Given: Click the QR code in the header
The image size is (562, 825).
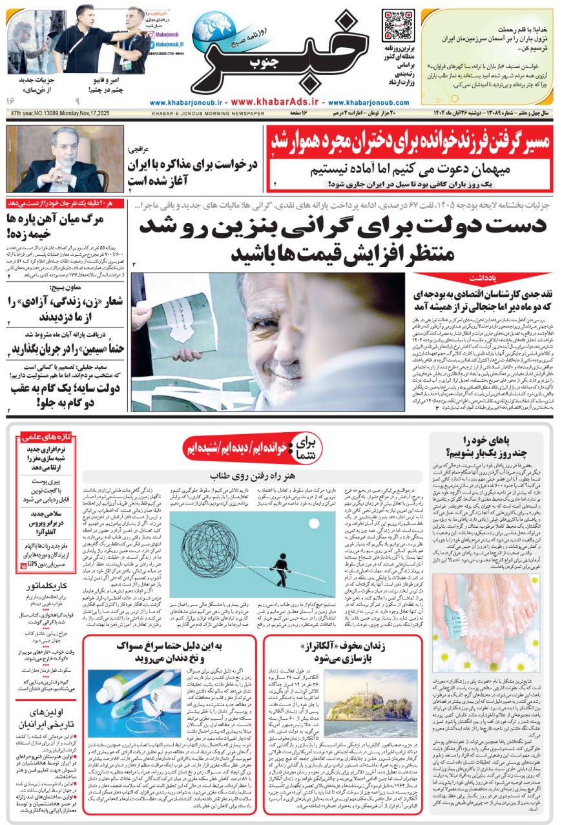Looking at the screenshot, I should point(397,25).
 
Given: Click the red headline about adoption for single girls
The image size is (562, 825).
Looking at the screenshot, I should point(410,141).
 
